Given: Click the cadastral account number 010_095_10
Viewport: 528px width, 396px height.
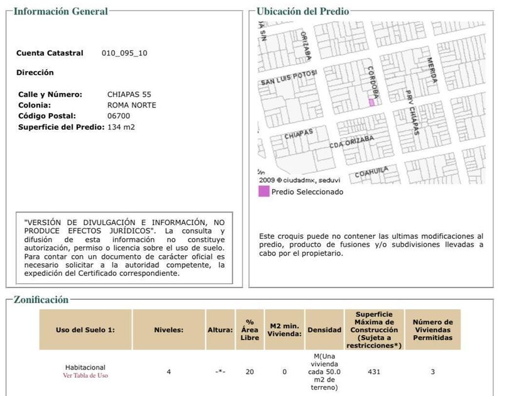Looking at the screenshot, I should tap(124, 53).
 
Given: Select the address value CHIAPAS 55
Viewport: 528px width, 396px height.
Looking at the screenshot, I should tap(129, 94).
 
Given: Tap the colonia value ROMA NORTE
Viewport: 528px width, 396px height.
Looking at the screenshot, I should tap(131, 105).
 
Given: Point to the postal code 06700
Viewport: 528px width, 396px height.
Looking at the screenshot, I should tap(119, 116).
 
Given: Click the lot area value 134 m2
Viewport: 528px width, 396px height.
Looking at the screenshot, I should tap(121, 127).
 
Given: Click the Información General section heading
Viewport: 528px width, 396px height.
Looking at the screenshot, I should tap(60, 11).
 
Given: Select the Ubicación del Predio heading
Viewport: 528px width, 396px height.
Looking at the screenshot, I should tap(303, 11).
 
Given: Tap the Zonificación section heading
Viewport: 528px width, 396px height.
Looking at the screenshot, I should tap(41, 300).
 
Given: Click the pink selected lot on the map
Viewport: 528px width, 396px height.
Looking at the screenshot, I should tap(371, 102).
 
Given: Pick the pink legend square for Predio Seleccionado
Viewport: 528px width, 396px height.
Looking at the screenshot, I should tap(263, 192).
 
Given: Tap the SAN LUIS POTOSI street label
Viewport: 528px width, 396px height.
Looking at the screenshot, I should tap(289, 80).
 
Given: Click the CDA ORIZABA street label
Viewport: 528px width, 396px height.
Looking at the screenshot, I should tap(351, 142).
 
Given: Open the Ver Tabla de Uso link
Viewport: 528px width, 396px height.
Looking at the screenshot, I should tap(85, 375).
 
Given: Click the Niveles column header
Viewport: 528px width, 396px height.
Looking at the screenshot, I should tap(168, 329).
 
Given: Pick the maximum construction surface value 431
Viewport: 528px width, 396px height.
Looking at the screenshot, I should tap(374, 371).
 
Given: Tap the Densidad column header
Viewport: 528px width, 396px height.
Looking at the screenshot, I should tap(324, 329).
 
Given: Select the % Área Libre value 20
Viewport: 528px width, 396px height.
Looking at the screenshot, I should tap(250, 371).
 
